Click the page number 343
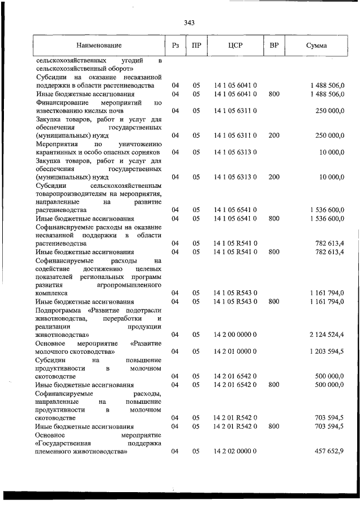tap(189, 23)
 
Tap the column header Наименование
tap(99, 45)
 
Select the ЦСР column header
tap(235, 45)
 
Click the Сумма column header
tap(317, 45)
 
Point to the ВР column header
tap(274, 45)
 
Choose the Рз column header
tap(175, 45)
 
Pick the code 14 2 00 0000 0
tap(235, 335)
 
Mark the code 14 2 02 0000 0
tap(235, 452)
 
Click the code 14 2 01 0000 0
tap(235, 352)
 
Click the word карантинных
tap(57, 152)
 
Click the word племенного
tap(55, 452)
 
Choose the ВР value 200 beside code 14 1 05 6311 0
tap(274, 136)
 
